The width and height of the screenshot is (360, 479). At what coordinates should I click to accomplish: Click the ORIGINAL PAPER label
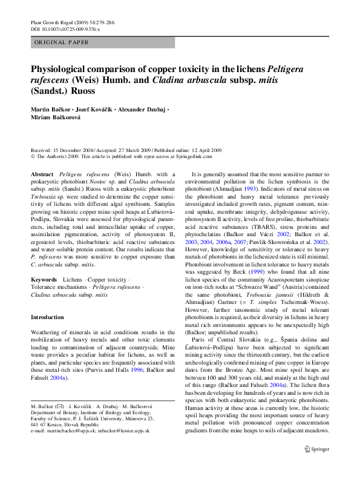pos(62,42)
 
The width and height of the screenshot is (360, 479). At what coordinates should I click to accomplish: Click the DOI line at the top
pos(65,28)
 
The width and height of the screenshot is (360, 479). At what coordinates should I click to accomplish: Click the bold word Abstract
pos(42,173)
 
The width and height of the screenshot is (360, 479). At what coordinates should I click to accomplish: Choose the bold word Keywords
pos(44,280)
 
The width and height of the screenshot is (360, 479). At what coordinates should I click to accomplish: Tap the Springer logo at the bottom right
pos(316,449)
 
